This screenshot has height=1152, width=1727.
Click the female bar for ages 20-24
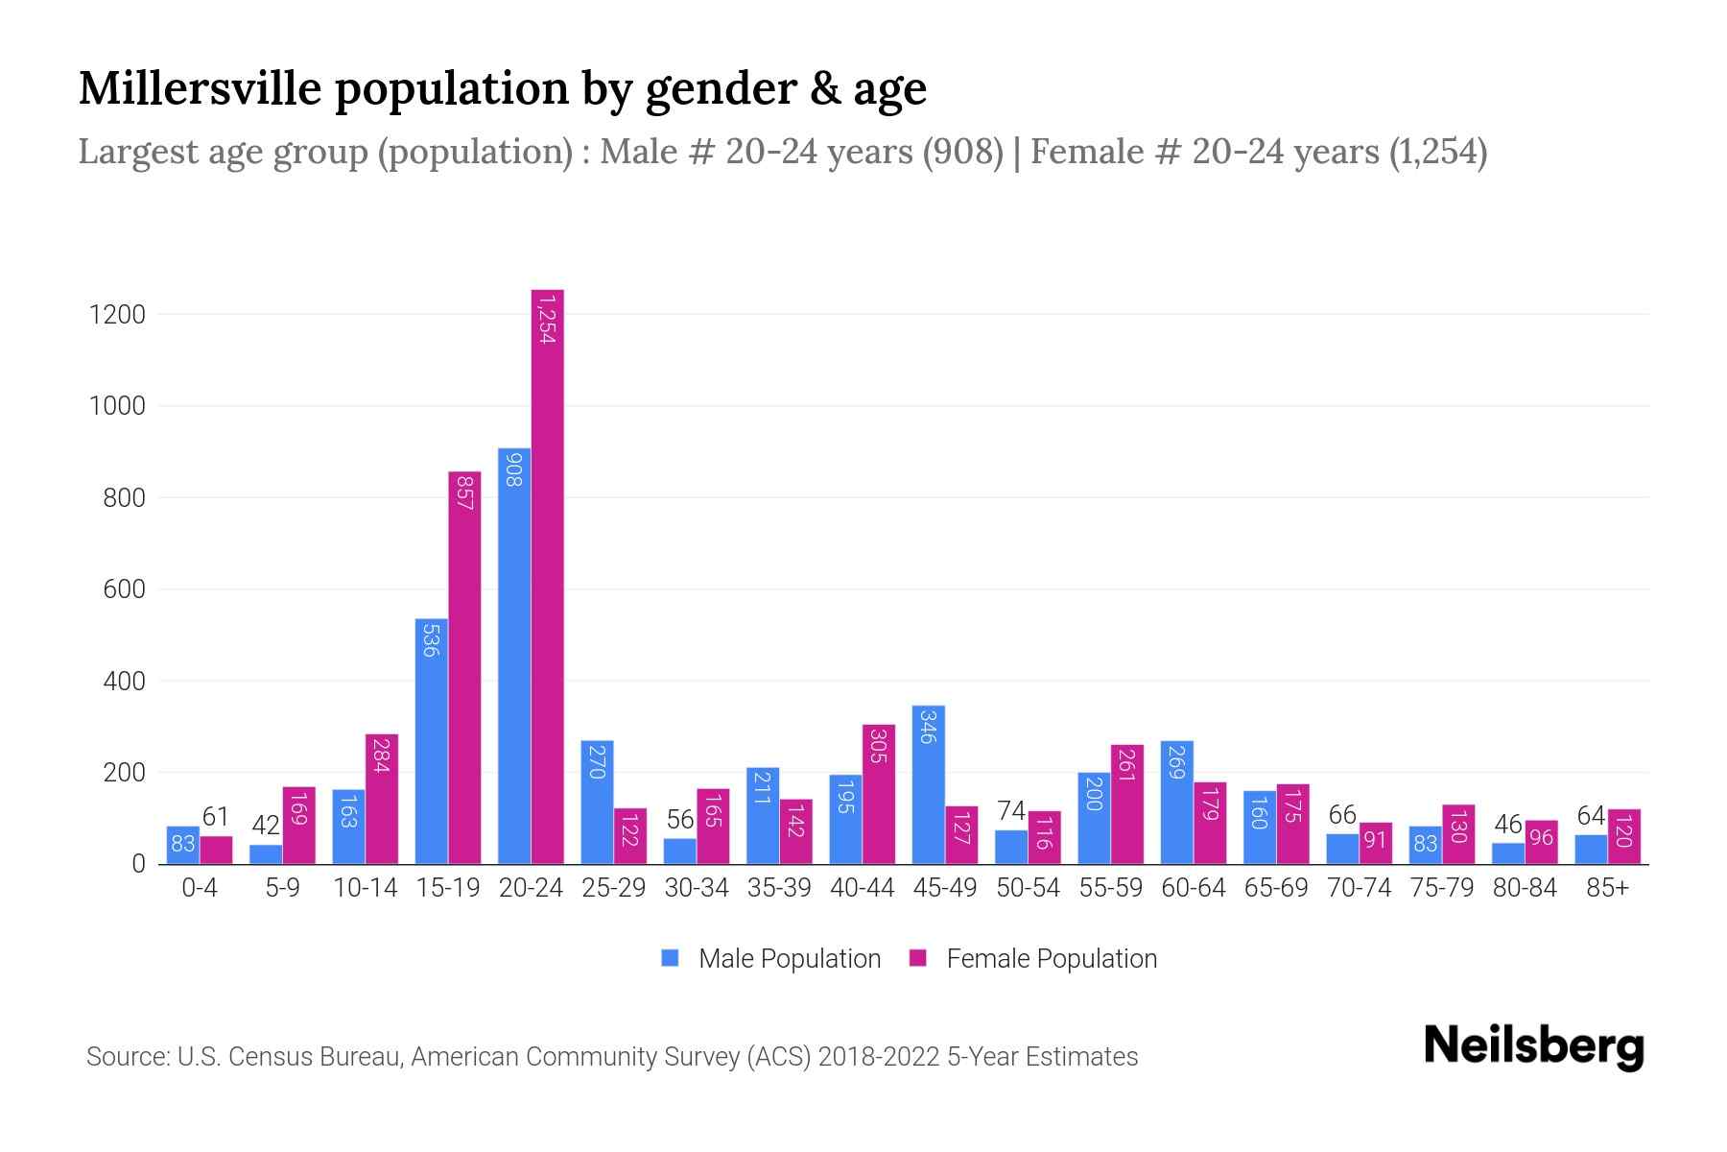click(x=547, y=576)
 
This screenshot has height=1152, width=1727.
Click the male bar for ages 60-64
click(x=1176, y=803)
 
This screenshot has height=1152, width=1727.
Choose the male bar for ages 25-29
click(x=597, y=802)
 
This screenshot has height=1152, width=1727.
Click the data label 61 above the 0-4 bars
click(x=216, y=817)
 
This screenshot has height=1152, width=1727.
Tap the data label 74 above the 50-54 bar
click(x=1010, y=811)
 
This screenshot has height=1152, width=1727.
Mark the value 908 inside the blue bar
click(x=513, y=469)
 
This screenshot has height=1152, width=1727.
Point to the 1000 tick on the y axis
click(x=117, y=406)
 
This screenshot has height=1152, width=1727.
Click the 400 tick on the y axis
click(x=124, y=682)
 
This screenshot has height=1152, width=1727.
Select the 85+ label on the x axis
click(x=1607, y=888)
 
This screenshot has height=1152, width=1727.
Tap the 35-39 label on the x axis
click(x=779, y=888)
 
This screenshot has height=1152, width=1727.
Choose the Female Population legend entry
click(x=1033, y=959)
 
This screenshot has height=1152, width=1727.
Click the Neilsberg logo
click(x=1533, y=1046)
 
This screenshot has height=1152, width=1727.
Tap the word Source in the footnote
click(x=127, y=1057)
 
